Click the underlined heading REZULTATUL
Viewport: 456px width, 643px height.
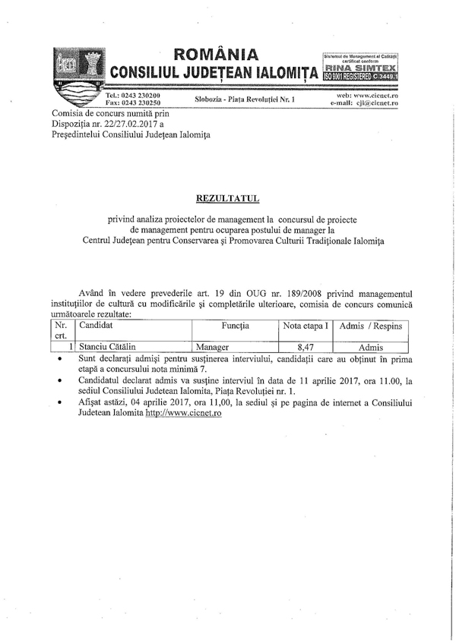tap(228, 198)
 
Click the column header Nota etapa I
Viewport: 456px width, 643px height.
tap(306, 325)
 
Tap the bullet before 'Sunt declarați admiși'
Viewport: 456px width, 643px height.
tap(60, 357)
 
